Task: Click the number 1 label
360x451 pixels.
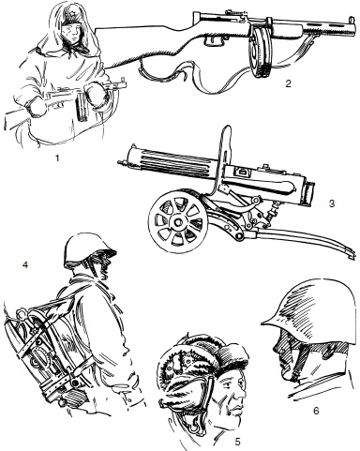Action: (x=57, y=158)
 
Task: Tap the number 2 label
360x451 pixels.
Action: (x=288, y=83)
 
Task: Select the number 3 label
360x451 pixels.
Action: (x=332, y=203)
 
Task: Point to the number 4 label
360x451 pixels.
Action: (x=25, y=264)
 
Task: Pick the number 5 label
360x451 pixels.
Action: (x=237, y=442)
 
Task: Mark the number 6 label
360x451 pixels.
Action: (x=316, y=411)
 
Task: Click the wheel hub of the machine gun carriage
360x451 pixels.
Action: (x=178, y=222)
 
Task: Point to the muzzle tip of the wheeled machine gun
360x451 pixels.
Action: (x=120, y=162)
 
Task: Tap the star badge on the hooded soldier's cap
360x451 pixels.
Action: (x=69, y=14)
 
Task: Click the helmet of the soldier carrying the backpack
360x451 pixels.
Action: (x=89, y=250)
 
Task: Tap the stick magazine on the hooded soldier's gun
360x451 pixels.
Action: (x=82, y=109)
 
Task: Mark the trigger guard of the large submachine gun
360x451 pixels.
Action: (x=215, y=40)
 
